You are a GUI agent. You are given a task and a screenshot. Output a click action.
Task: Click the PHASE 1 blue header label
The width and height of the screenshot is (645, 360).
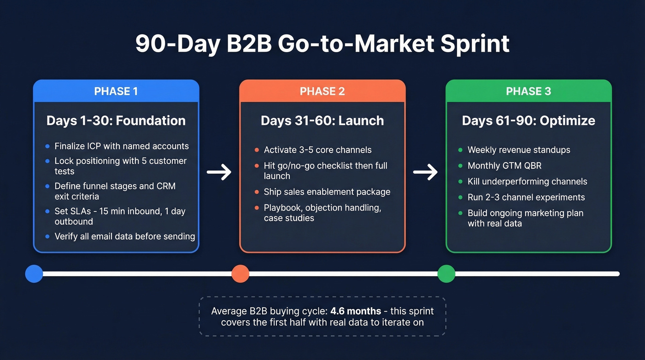[116, 91]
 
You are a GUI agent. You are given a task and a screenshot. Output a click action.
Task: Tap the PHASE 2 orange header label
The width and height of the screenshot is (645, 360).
[322, 91]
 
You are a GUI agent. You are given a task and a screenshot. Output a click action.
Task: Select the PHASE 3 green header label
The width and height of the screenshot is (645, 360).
[528, 91]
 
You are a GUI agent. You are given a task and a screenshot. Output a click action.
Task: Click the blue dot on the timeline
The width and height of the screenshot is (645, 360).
[34, 273]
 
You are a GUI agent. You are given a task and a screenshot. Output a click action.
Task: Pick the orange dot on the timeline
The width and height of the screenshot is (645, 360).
[240, 273]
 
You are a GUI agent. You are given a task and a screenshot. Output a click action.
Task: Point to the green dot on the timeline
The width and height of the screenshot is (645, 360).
[446, 273]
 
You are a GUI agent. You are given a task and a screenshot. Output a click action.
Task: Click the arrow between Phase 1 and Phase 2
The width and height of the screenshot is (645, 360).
[219, 172]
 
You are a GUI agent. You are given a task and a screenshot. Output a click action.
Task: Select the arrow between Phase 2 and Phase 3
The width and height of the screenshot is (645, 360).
[425, 172]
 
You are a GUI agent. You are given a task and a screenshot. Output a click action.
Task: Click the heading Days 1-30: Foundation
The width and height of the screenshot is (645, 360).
[116, 121]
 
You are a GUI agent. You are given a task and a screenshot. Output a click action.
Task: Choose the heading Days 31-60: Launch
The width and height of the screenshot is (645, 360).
[322, 121]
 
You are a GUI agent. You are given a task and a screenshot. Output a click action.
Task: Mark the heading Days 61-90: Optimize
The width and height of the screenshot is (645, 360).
[528, 121]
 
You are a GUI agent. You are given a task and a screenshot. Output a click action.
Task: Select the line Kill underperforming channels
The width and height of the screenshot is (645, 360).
[527, 181]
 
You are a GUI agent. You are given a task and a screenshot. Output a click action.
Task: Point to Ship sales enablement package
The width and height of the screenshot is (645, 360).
[327, 192]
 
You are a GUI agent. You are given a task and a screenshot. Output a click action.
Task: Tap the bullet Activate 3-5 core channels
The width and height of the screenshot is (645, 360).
[317, 150]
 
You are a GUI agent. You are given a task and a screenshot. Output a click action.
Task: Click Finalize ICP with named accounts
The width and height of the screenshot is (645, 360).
[122, 146]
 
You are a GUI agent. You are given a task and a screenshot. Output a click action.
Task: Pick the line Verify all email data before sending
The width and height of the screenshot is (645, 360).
[124, 236]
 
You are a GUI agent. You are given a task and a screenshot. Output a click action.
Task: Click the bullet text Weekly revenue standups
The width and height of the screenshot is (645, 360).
[519, 150]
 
